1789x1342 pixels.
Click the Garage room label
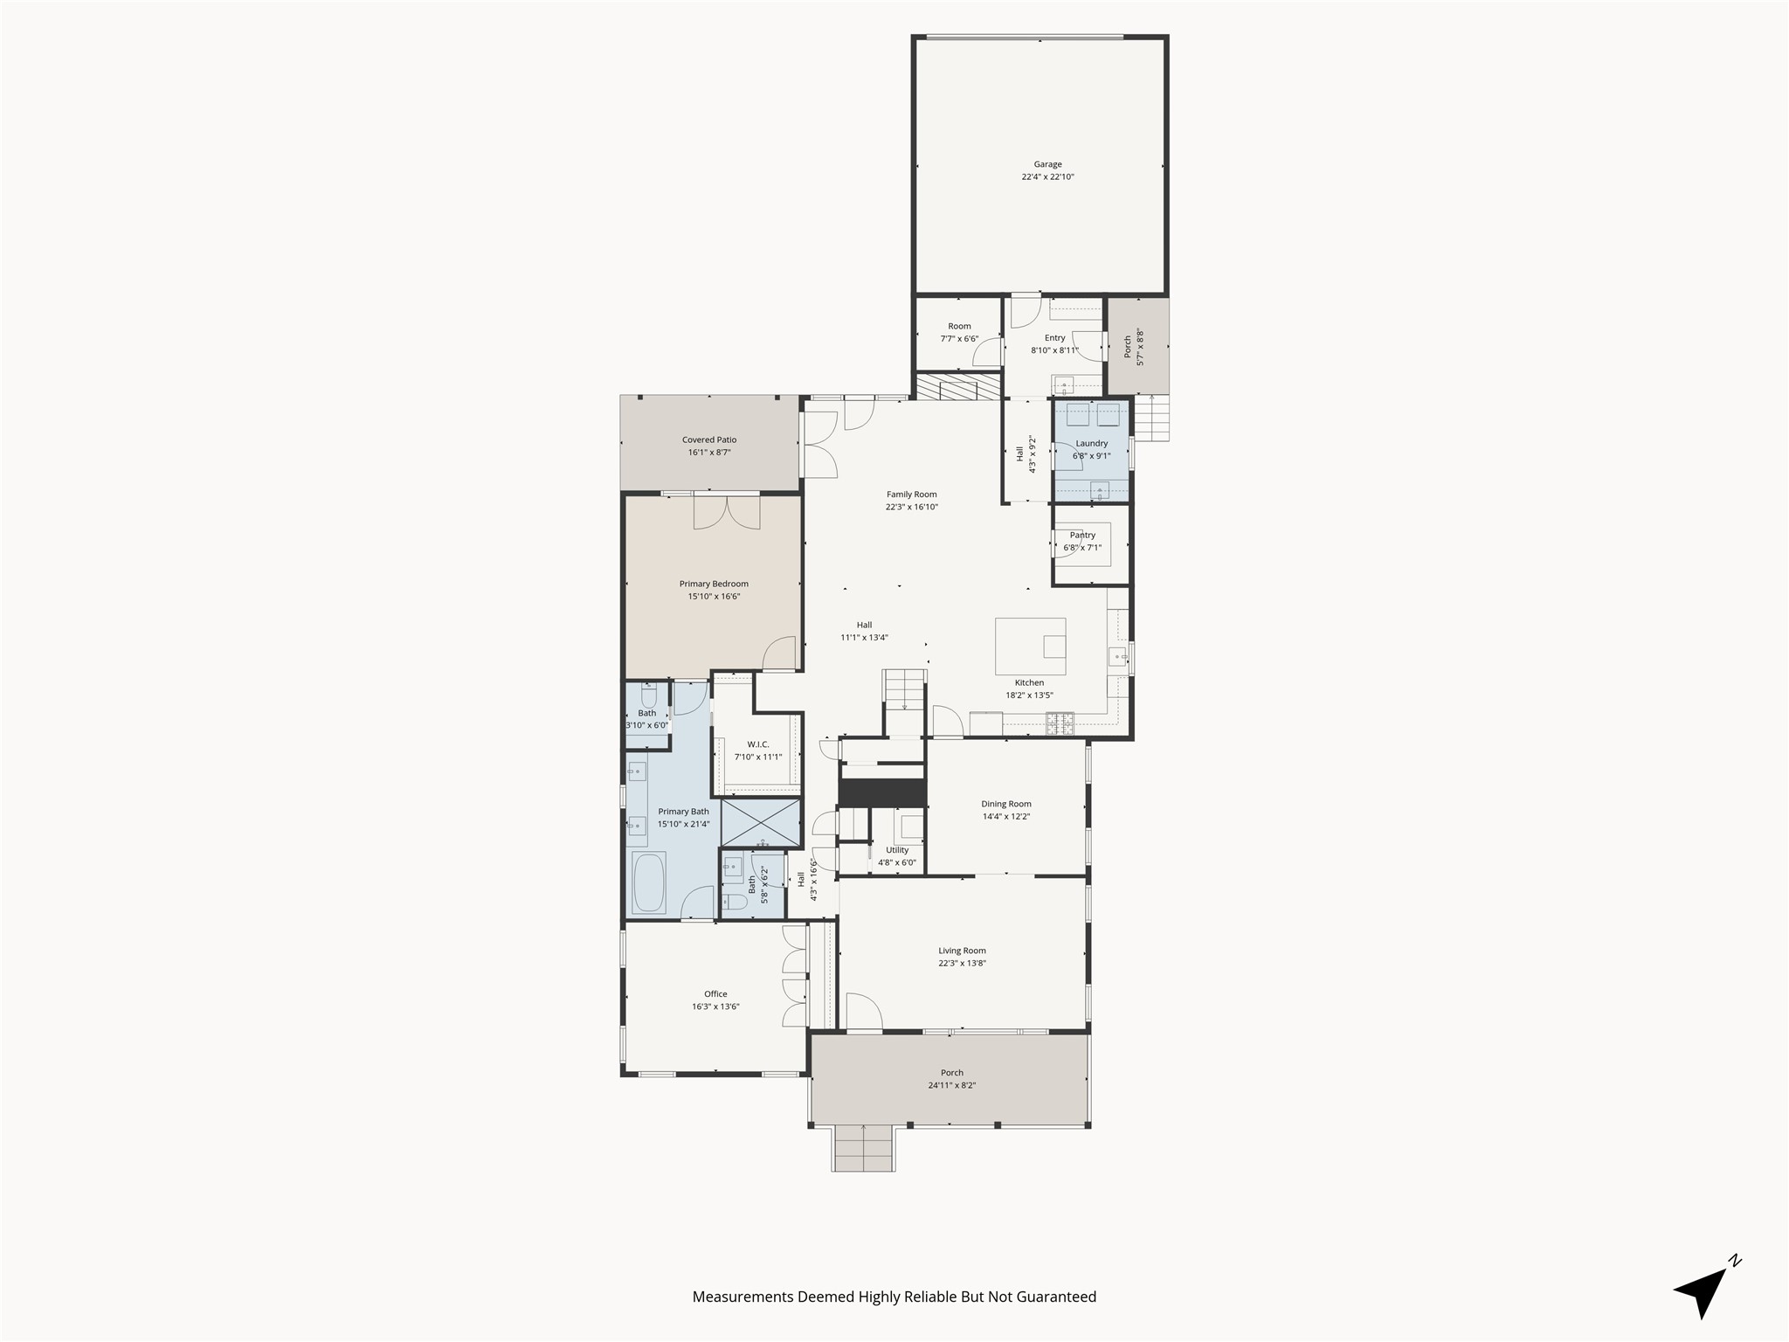pyautogui.click(x=1047, y=164)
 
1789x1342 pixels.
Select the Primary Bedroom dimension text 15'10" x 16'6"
pyautogui.click(x=714, y=597)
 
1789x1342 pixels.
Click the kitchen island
pyautogui.click(x=1030, y=646)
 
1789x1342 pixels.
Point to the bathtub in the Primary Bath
pyautogui.click(x=649, y=882)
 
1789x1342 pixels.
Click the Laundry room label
pyautogui.click(x=1091, y=444)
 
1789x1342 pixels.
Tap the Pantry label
pyautogui.click(x=1082, y=536)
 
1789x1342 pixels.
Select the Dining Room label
pyautogui.click(x=1005, y=804)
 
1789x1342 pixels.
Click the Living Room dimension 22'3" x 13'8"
pyautogui.click(x=962, y=964)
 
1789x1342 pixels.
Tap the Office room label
pyautogui.click(x=715, y=994)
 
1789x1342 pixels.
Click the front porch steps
pyautogui.click(x=863, y=1149)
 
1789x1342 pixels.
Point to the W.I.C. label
pyautogui.click(x=757, y=745)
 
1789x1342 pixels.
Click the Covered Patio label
pyautogui.click(x=708, y=440)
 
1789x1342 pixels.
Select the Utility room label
pyautogui.click(x=897, y=850)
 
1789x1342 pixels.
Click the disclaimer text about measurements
pyautogui.click(x=894, y=1297)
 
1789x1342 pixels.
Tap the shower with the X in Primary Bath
pyautogui.click(x=761, y=822)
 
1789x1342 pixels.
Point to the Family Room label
pyautogui.click(x=911, y=495)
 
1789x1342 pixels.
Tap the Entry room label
pyautogui.click(x=1054, y=338)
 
